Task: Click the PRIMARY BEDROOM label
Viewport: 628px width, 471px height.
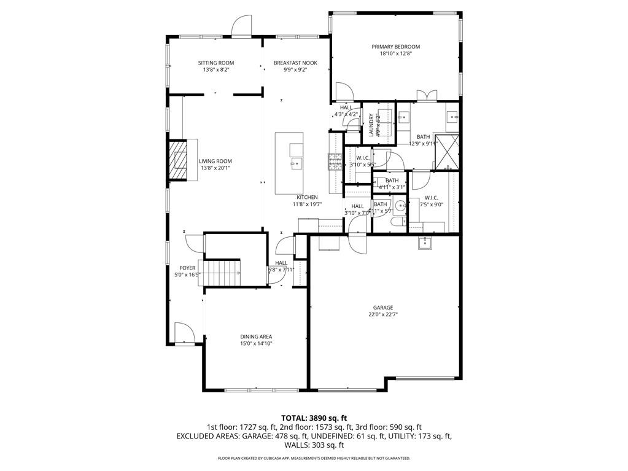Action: (x=395, y=47)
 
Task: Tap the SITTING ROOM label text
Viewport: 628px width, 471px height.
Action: (x=215, y=63)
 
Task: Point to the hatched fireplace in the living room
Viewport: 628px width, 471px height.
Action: (x=179, y=161)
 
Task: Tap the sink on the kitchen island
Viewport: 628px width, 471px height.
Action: (x=297, y=163)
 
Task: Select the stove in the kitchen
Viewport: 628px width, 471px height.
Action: (x=335, y=161)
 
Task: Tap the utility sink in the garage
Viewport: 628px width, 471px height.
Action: (x=425, y=243)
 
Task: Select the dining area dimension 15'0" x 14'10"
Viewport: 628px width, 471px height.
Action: (x=256, y=343)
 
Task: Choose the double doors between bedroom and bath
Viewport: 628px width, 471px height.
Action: (x=427, y=95)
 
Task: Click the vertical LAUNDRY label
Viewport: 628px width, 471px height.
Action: (x=371, y=125)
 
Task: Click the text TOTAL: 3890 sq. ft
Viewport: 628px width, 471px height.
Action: (x=314, y=418)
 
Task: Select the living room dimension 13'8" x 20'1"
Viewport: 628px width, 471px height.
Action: (x=215, y=168)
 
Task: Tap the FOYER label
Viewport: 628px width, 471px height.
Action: (x=187, y=268)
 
